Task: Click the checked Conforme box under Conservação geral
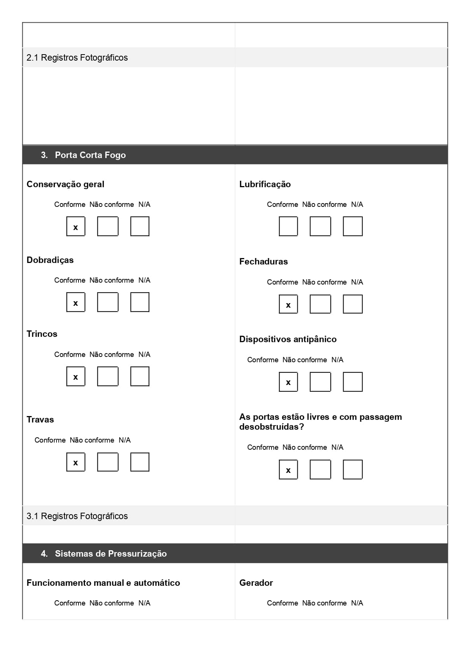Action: (x=76, y=226)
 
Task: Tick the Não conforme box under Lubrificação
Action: (x=320, y=226)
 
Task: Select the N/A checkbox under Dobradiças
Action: (x=140, y=302)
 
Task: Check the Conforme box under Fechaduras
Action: (x=288, y=304)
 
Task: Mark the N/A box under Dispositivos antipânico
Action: (x=353, y=382)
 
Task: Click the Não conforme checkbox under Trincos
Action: (x=108, y=376)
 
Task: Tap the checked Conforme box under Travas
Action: (x=76, y=462)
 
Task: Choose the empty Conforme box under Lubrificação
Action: (x=288, y=226)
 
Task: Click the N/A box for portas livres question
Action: (x=353, y=469)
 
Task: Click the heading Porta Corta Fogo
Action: (x=90, y=155)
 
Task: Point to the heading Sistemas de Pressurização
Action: (x=110, y=554)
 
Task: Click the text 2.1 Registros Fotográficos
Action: (x=77, y=58)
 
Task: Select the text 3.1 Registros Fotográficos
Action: (x=77, y=516)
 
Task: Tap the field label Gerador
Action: (x=256, y=583)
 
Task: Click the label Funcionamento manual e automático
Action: (x=103, y=583)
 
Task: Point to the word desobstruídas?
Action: (x=272, y=427)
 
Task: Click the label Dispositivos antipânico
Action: (x=288, y=339)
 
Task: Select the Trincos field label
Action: (x=42, y=334)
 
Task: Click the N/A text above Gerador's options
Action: (x=357, y=603)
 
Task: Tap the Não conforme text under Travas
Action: (x=92, y=440)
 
